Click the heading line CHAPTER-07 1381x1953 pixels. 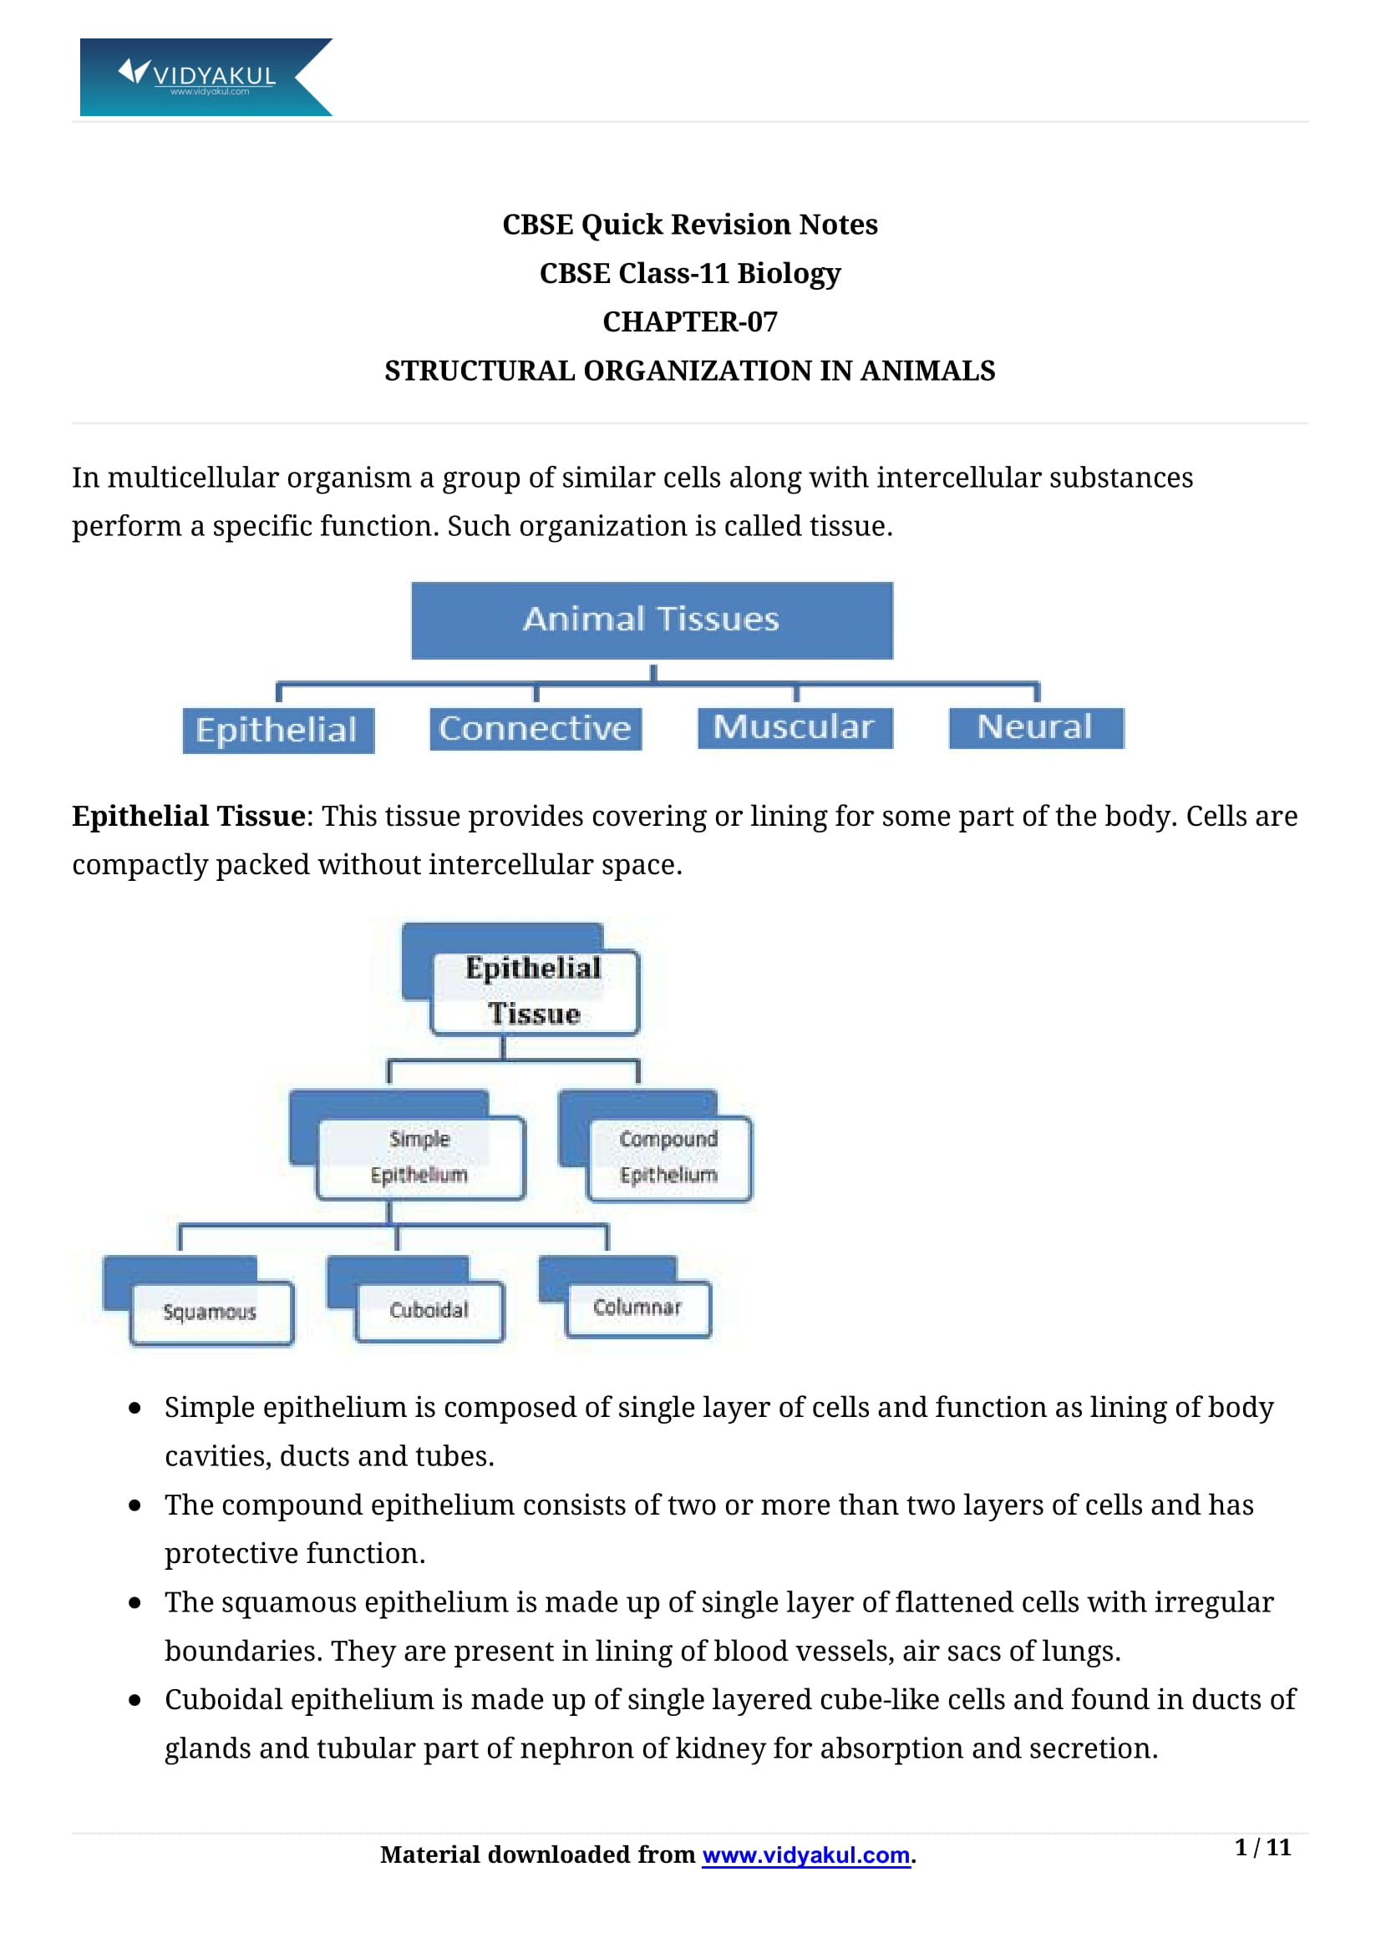(x=689, y=321)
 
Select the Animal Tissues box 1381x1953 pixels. (x=652, y=620)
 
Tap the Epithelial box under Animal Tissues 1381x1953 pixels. (x=278, y=730)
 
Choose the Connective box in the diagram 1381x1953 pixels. (x=536, y=728)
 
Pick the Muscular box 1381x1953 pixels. (x=794, y=727)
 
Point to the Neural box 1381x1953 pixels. (x=1035, y=727)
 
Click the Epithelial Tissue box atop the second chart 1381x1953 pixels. (x=534, y=991)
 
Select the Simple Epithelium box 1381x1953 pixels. (x=419, y=1156)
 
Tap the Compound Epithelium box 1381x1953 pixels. (x=669, y=1156)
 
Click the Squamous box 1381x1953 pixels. (x=211, y=1312)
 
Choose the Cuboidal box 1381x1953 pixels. (x=429, y=1310)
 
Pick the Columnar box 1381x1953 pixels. (x=637, y=1308)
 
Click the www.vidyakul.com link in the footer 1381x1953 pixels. (x=806, y=1855)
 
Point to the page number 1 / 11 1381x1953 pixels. (x=1262, y=1848)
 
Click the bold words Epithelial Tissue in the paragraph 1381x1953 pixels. (x=189, y=817)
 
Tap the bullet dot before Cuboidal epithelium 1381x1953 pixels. (x=135, y=1700)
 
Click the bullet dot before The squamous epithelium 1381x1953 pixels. (x=135, y=1602)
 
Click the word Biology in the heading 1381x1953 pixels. (x=789, y=273)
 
